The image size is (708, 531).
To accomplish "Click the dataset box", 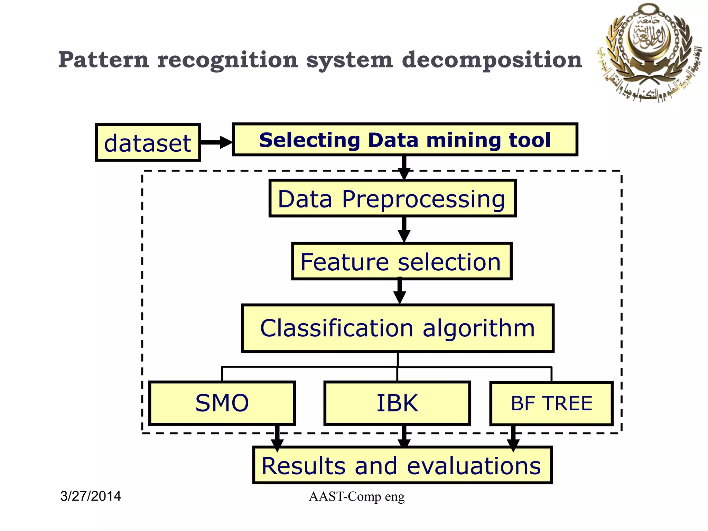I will point(148,142).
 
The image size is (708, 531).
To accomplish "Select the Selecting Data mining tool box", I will point(405,140).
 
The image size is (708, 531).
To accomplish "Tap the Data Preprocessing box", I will point(392,198).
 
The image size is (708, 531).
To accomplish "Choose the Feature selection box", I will point(401,261).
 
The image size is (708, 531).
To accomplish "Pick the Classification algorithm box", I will point(398,328).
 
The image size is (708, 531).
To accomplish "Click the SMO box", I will point(222,403).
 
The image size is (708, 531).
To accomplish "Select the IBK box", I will point(397,403).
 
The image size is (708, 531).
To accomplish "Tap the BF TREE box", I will point(551,403).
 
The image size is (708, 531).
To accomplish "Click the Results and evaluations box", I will point(402,465).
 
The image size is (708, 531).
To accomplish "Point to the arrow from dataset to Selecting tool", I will point(216,142).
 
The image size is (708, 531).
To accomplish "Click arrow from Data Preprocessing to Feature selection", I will point(404,230).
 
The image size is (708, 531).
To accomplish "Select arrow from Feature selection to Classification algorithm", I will point(400,291).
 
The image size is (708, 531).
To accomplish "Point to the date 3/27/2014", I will point(91,496).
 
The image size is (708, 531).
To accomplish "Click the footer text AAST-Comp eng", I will point(356,497).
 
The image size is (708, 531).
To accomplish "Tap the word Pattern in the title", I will point(104,59).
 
